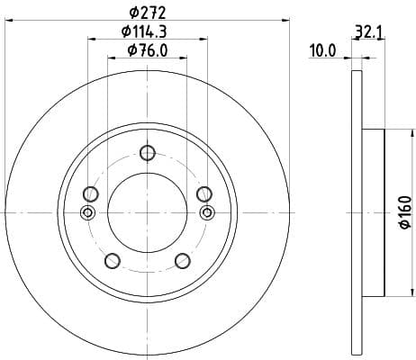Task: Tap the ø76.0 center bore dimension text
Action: tap(148, 50)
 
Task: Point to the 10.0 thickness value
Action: tap(321, 51)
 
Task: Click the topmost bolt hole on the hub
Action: tap(148, 154)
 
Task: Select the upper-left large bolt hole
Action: tap(89, 193)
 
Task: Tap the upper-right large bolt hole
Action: tap(204, 193)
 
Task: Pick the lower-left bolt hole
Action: tap(112, 261)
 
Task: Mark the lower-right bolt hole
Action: tap(183, 261)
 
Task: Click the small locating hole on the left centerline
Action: tap(87, 212)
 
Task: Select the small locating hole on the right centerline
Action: tap(207, 212)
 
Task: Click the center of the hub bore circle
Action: tap(148, 212)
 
